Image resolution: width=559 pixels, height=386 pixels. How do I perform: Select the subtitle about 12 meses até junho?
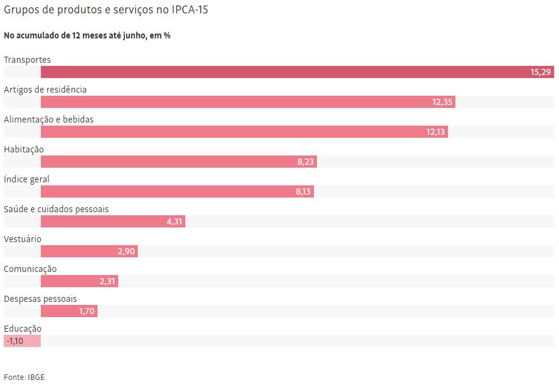tap(87, 35)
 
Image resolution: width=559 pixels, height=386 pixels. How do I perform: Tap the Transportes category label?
tap(27, 60)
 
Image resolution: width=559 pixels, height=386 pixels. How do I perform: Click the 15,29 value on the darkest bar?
tap(540, 72)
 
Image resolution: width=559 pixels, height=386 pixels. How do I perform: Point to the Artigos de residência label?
tap(45, 90)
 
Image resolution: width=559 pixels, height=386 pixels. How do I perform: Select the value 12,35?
tap(442, 102)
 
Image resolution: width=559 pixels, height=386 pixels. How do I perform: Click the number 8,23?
tap(305, 162)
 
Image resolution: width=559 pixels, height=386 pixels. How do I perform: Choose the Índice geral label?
tap(27, 179)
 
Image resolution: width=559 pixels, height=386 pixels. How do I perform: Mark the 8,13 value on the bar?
tap(303, 191)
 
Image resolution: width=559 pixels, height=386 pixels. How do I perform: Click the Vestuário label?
tap(23, 239)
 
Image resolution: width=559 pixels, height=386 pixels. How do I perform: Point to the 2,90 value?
tap(126, 251)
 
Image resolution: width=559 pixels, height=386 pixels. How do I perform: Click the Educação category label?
tap(23, 329)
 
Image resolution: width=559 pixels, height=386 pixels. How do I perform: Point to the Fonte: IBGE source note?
tap(24, 377)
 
